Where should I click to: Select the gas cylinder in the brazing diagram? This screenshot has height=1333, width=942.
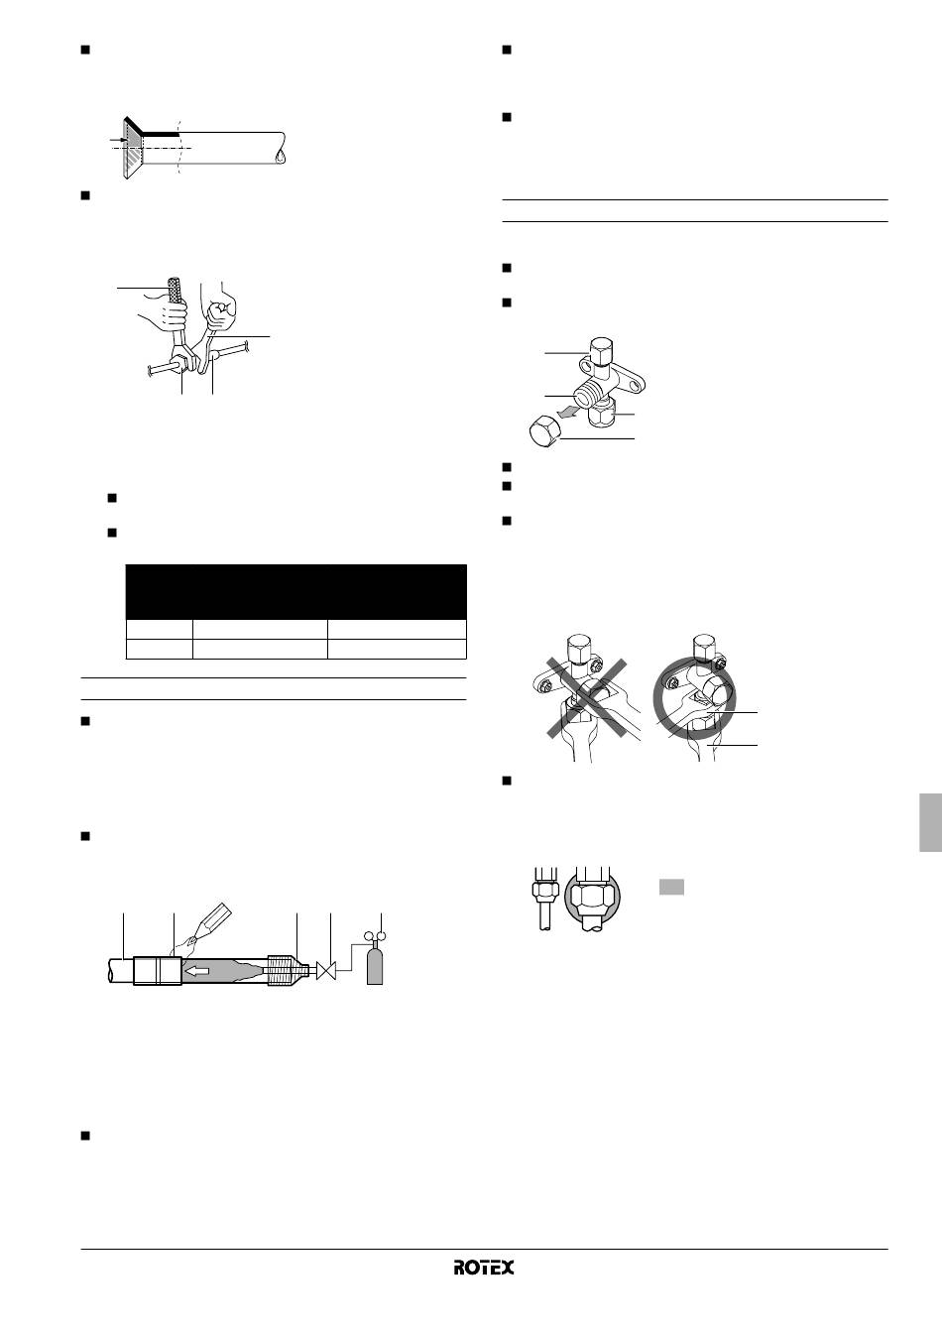click(x=374, y=966)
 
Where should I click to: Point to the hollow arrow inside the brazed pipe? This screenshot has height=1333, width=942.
click(x=197, y=971)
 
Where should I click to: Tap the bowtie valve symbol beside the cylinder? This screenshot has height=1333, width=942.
click(x=326, y=971)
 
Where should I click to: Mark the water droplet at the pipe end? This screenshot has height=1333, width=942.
click(x=280, y=157)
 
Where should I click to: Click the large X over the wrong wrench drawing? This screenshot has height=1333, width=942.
click(x=586, y=698)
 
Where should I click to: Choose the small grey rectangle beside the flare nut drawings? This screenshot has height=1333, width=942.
click(x=671, y=887)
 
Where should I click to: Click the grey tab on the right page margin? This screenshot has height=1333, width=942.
click(x=931, y=822)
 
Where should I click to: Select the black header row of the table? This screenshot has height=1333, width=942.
click(x=295, y=592)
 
